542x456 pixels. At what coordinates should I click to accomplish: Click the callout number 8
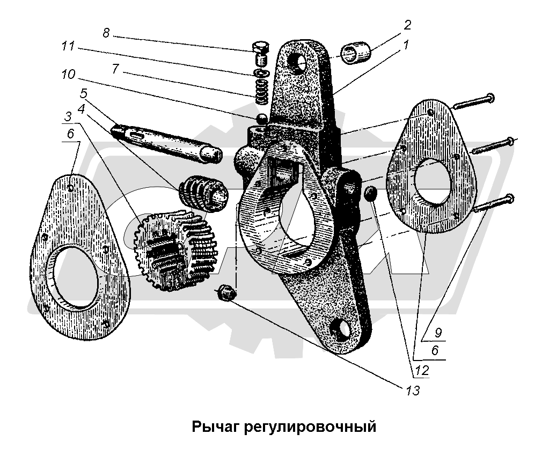click(x=106, y=33)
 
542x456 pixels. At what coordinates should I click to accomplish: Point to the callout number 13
click(x=413, y=390)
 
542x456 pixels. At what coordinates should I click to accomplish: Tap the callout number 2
click(x=407, y=25)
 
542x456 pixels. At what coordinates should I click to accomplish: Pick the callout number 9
click(x=438, y=333)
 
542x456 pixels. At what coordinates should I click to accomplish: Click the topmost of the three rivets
click(x=474, y=99)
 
